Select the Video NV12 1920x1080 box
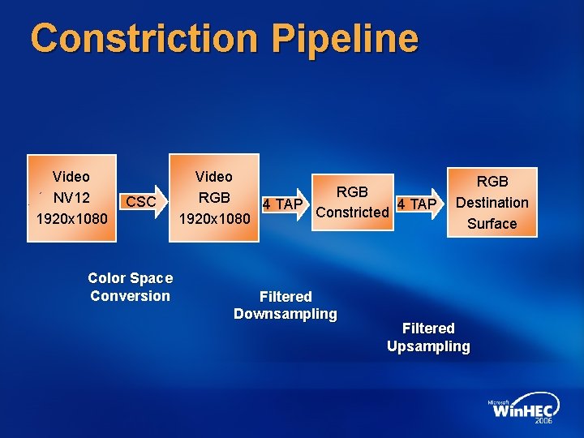click(71, 198)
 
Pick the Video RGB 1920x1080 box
click(214, 198)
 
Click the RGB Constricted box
click(353, 202)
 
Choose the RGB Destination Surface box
click(492, 202)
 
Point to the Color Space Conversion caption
click(130, 287)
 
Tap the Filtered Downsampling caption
click(286, 306)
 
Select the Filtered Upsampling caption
click(428, 337)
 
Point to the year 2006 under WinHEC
click(544, 422)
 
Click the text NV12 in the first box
click(71, 198)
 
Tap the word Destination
click(492, 203)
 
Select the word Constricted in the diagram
click(353, 213)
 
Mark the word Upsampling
click(428, 347)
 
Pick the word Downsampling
click(286, 315)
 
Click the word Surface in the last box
click(492, 224)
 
